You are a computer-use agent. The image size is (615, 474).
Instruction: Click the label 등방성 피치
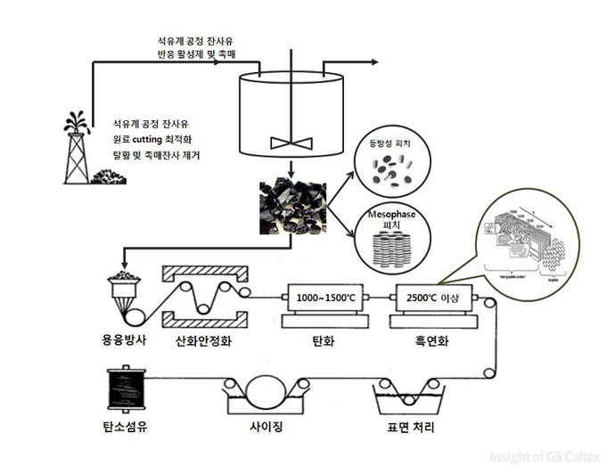click(x=392, y=143)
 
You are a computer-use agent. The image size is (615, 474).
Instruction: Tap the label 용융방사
click(x=125, y=339)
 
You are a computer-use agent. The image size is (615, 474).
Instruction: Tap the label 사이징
click(x=268, y=427)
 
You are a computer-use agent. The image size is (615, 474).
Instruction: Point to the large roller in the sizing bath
click(x=268, y=391)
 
